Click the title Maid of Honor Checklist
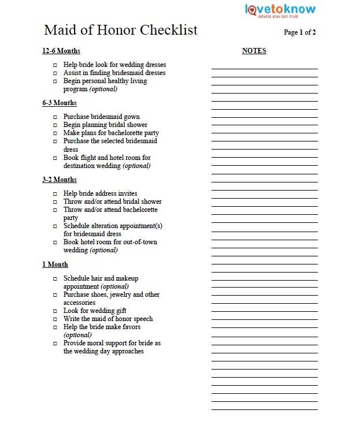point(121,30)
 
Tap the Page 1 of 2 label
point(299,32)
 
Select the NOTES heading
point(254,51)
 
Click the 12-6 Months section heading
point(61,51)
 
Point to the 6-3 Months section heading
point(60,103)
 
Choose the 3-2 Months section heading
point(60,180)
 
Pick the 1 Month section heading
point(55,264)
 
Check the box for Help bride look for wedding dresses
point(55,65)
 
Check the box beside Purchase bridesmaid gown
point(55,117)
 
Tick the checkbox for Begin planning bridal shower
point(55,125)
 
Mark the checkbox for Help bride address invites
point(55,194)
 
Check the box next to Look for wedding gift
point(55,311)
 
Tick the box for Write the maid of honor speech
point(55,319)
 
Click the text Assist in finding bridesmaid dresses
point(114,73)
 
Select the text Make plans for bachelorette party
point(111,133)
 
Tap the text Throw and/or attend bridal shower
point(112,202)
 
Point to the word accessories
point(79,303)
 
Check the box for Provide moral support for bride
point(55,344)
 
